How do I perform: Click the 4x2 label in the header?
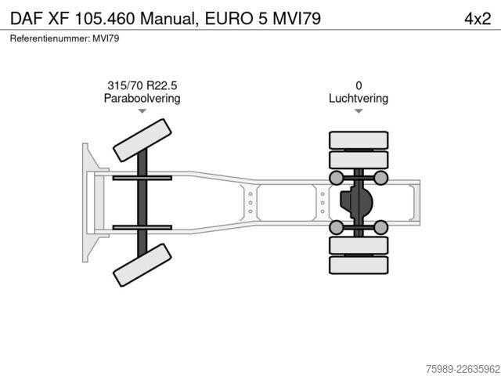click(478, 19)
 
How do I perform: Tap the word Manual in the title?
click(168, 19)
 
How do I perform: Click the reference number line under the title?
click(64, 38)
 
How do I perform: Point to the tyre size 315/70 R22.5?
click(142, 85)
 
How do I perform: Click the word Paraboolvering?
click(142, 98)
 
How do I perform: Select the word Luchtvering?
click(359, 98)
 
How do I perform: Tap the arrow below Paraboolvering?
click(142, 111)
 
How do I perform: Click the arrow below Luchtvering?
click(359, 111)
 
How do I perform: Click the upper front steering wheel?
click(142, 140)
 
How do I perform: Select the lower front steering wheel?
click(142, 265)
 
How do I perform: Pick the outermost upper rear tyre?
click(359, 140)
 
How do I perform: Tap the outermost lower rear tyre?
click(359, 265)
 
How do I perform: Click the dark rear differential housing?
click(356, 202)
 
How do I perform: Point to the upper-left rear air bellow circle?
click(336, 178)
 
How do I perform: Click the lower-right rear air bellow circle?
click(380, 227)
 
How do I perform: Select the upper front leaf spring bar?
click(142, 178)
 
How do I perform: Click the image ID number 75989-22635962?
click(463, 369)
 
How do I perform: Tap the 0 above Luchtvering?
click(359, 85)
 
